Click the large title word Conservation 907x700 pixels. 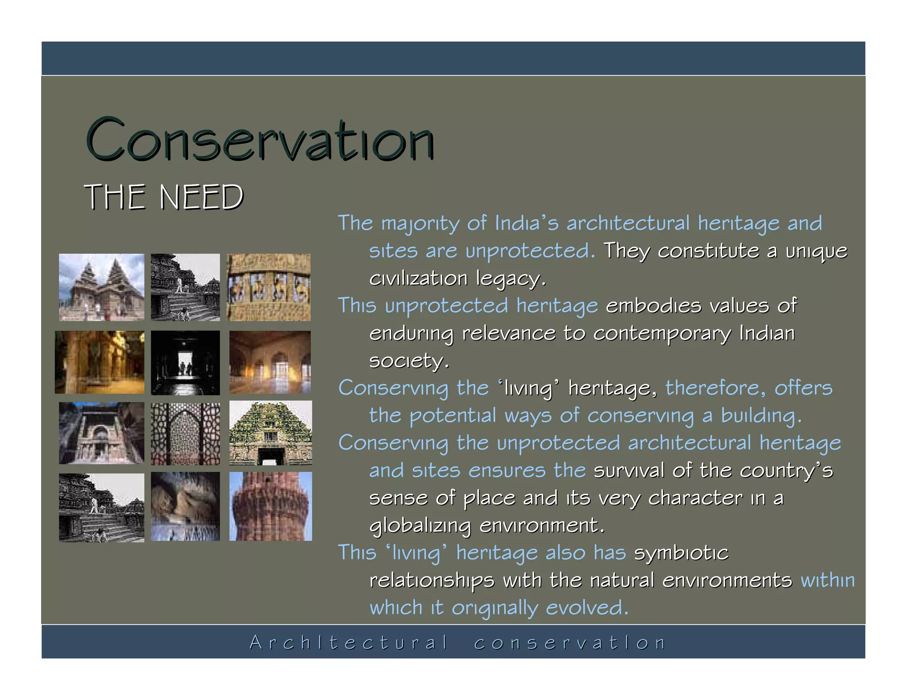coord(260,141)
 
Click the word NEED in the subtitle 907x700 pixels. coord(201,197)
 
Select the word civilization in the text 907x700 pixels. coord(418,278)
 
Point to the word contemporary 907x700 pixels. coord(662,333)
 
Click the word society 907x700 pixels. coord(408,361)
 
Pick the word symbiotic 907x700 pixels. coord(681,553)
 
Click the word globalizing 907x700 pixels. coord(420,525)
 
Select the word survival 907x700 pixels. coord(629,470)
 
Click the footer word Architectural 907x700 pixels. coord(349,642)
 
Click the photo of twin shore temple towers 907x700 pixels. coord(101,287)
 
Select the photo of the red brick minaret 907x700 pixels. coord(271,506)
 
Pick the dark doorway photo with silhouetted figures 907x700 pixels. coord(185,362)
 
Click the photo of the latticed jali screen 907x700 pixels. coord(185,434)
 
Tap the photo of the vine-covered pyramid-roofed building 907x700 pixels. coord(271,433)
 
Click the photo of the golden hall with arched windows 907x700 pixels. coord(270,362)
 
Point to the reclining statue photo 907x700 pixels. coord(185,506)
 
